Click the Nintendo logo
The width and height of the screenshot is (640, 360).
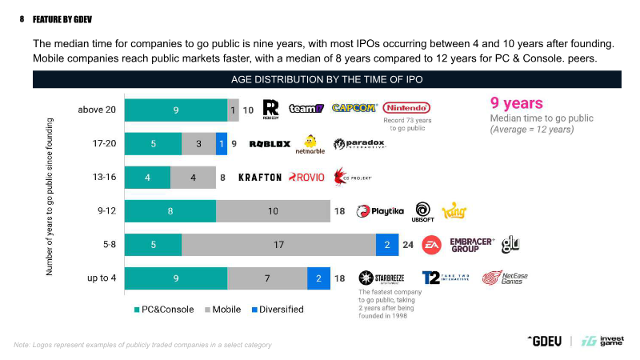point(407,108)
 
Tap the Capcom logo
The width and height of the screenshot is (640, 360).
point(354,108)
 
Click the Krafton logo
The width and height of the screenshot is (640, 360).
point(260,177)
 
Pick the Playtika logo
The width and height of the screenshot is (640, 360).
point(379,211)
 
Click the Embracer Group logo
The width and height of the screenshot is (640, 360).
point(472,245)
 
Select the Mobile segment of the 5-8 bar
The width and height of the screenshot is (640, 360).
point(278,245)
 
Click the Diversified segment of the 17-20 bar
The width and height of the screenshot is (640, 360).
point(221,143)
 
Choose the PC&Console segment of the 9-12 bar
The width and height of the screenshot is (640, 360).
point(171,211)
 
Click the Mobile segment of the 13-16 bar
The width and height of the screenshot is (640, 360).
point(194,178)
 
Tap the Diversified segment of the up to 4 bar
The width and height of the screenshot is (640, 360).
point(318,278)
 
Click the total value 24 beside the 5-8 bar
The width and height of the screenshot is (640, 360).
point(407,245)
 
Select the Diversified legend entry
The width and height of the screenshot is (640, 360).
point(277,310)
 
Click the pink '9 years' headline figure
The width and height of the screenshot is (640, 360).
point(516,102)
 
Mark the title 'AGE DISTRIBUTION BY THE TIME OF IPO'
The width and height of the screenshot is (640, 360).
point(326,79)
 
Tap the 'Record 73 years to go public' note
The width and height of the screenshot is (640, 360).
point(410,124)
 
